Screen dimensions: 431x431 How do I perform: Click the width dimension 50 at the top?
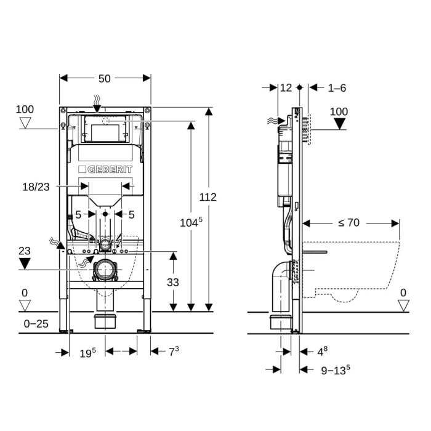pyautogui.click(x=105, y=78)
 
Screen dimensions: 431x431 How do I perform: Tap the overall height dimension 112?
pyautogui.click(x=208, y=197)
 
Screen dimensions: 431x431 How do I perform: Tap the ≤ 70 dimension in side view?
pyautogui.click(x=348, y=223)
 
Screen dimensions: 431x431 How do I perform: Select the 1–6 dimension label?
pyautogui.click(x=336, y=88)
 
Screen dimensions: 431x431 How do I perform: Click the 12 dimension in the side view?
pyautogui.click(x=286, y=88)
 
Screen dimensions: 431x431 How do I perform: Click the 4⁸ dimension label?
pyautogui.click(x=322, y=352)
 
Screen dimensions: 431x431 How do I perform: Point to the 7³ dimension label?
pyautogui.click(x=174, y=352)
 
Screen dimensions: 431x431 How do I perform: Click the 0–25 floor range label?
pyautogui.click(x=36, y=323)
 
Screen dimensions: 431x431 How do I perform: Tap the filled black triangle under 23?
pyautogui.click(x=25, y=264)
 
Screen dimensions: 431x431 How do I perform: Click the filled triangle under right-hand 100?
pyautogui.click(x=339, y=123)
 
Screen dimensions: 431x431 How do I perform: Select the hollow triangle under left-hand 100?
pyautogui.click(x=25, y=123)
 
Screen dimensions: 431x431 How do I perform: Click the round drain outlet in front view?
pyautogui.click(x=105, y=270)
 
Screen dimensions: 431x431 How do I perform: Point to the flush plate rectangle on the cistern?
pyautogui.click(x=105, y=130)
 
